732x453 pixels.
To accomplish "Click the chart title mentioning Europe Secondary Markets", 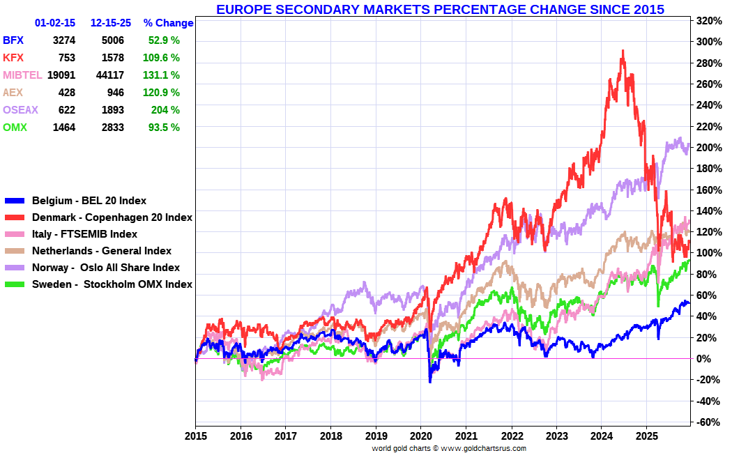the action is [440, 9].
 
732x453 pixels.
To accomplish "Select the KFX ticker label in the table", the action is [13, 58].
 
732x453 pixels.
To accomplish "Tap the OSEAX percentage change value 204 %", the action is [165, 110].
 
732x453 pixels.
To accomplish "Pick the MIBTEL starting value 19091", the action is [61, 75].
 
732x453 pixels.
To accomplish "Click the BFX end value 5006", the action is [113, 40].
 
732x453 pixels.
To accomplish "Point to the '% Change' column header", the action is [168, 23].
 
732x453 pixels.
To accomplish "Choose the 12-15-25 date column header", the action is [111, 23].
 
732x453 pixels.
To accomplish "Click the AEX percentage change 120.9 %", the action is [161, 93].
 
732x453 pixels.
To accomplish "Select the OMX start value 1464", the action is [64, 128].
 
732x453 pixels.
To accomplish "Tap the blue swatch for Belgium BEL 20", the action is [15, 201].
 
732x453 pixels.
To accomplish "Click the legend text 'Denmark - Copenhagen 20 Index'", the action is [112, 217].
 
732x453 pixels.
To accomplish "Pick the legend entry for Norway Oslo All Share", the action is [105, 268].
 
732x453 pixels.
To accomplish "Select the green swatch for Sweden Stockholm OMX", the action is [15, 284].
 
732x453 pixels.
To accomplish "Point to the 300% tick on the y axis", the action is [709, 42].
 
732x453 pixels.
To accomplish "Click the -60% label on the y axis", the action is [708, 422].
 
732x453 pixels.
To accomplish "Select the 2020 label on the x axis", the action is [422, 436].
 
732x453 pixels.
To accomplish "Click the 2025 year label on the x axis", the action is [647, 436].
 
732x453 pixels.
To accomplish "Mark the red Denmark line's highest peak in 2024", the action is [623, 51].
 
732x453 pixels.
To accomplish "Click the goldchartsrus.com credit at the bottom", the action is [449, 448].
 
